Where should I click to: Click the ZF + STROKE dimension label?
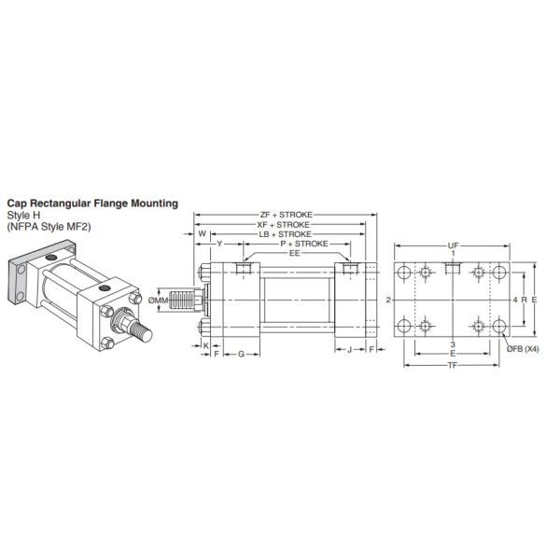click(286, 215)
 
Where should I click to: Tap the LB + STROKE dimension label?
click(286, 233)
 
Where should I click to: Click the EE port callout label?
click(294, 253)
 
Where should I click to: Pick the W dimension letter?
click(203, 234)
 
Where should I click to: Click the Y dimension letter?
click(218, 244)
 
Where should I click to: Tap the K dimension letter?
click(205, 344)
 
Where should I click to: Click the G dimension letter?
click(242, 355)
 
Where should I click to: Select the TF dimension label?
click(453, 366)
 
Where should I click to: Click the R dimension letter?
click(524, 300)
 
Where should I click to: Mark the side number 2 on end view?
click(386, 301)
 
